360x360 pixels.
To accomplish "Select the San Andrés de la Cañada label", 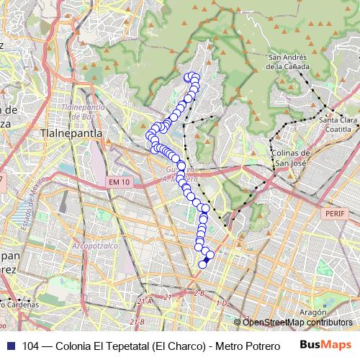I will (x=289, y=62).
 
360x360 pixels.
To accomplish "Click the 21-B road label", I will (x=136, y=321).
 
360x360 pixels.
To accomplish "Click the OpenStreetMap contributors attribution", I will (x=297, y=323).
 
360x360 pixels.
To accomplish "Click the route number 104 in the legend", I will (x=31, y=344).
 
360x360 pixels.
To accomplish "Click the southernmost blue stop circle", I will (x=202, y=264).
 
